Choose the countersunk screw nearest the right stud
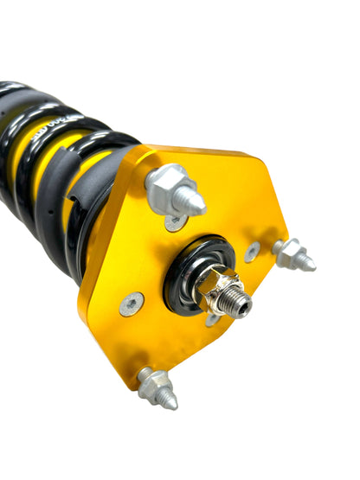tap(252, 252)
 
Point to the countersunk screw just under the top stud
tap(176, 222)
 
